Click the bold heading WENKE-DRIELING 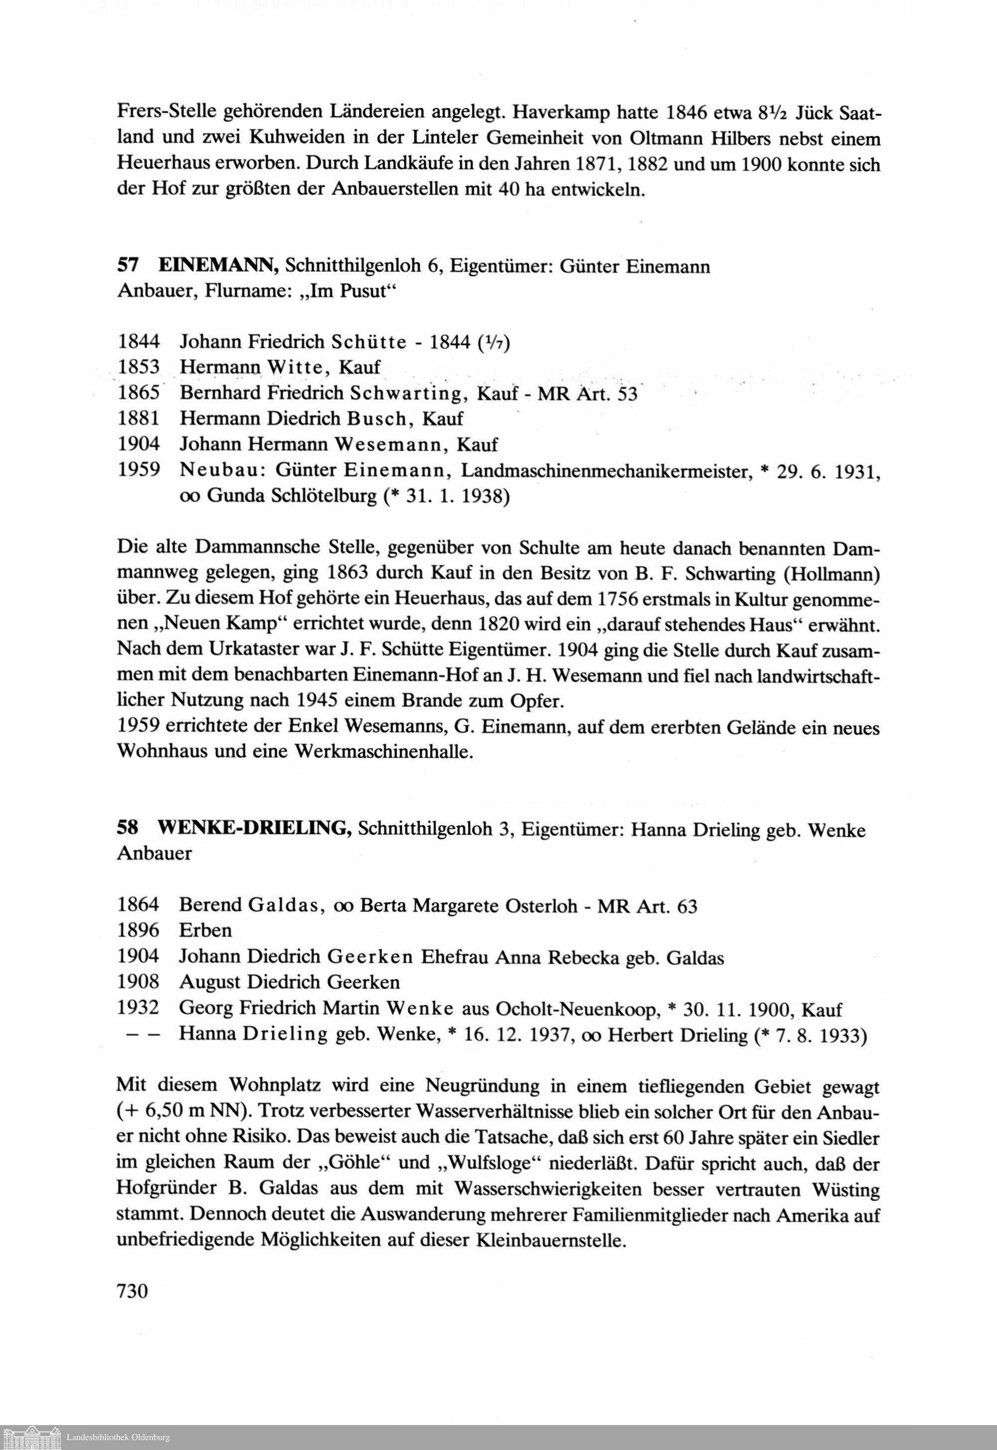click(254, 829)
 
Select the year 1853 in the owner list click(139, 367)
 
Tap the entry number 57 click(128, 267)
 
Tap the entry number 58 click(128, 829)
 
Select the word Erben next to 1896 click(205, 931)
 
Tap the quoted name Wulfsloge click(500, 1163)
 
